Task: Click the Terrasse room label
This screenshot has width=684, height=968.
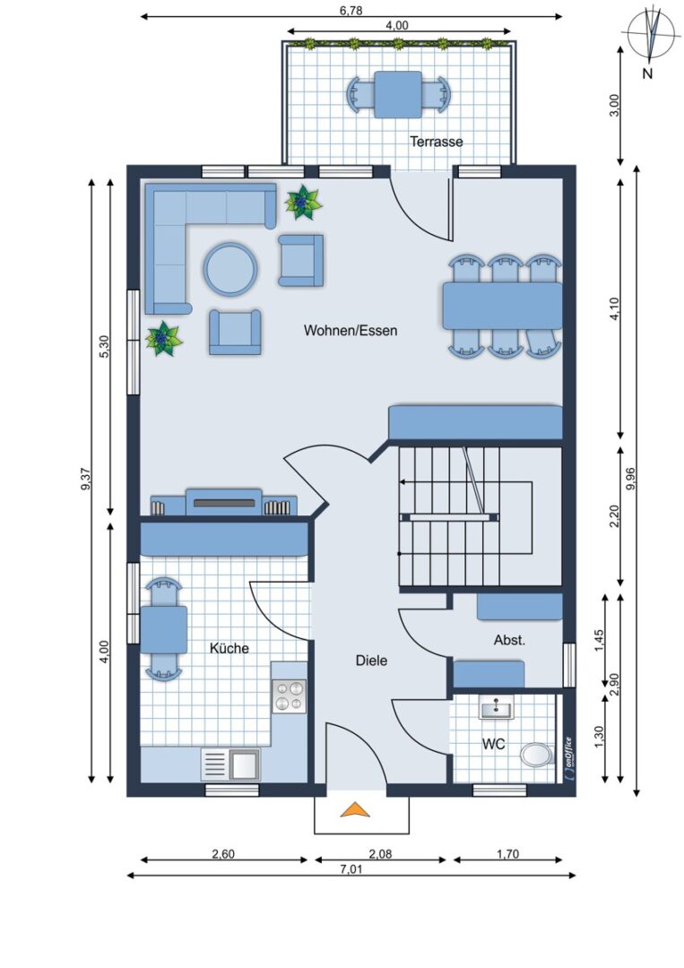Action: [x=436, y=142]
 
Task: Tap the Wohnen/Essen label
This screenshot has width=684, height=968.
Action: [x=350, y=330]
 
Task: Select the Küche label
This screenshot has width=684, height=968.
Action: [x=229, y=648]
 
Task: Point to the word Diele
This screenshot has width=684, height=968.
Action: [x=372, y=661]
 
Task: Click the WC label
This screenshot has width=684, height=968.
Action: [x=493, y=744]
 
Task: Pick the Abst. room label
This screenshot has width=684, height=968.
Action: [x=509, y=640]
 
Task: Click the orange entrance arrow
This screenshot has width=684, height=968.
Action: [x=355, y=809]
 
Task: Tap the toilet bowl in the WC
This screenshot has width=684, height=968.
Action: [x=536, y=755]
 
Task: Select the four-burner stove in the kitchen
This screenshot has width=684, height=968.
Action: [x=289, y=696]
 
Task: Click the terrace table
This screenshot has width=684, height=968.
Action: [x=398, y=94]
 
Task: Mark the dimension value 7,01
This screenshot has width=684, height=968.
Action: [x=351, y=869]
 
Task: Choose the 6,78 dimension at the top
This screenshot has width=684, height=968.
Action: [x=351, y=10]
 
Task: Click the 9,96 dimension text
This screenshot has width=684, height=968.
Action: [x=630, y=479]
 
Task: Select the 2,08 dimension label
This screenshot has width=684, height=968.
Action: [x=380, y=854]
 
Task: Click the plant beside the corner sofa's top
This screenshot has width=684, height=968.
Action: [x=303, y=202]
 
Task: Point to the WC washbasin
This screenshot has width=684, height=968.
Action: [x=497, y=707]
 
